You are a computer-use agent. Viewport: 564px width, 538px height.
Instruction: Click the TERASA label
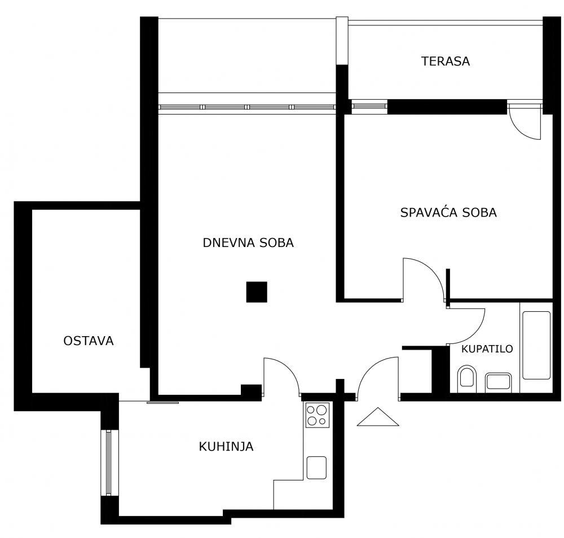(x=445, y=61)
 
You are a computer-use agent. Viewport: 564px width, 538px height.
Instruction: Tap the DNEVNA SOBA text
(x=248, y=243)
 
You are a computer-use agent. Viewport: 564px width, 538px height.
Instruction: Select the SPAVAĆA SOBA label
(x=448, y=213)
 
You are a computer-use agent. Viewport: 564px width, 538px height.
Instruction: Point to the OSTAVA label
(x=89, y=341)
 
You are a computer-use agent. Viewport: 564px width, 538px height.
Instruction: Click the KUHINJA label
(x=226, y=447)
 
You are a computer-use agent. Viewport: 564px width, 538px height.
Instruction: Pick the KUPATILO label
(x=487, y=349)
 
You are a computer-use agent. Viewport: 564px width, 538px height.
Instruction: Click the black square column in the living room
(x=257, y=292)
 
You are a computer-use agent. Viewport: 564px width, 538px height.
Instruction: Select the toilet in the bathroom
(x=467, y=377)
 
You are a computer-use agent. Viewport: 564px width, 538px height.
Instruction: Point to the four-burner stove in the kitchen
(x=317, y=415)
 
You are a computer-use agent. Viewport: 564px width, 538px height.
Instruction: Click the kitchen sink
(x=316, y=468)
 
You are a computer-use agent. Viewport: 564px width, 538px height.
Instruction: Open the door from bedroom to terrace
(x=525, y=121)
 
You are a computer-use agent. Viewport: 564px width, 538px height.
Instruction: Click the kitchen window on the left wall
(x=109, y=463)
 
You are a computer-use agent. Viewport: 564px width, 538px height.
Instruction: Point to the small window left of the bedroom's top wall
(x=369, y=105)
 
